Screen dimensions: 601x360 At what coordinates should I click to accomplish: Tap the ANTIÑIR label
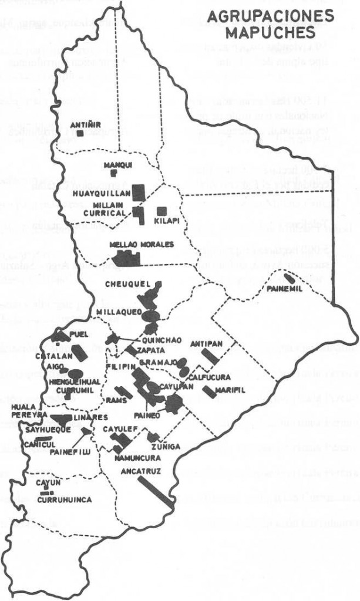80,124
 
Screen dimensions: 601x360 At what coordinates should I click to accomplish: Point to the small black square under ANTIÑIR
79,133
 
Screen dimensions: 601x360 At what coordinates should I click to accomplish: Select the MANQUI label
114,165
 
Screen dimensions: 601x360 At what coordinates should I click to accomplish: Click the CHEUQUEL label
123,284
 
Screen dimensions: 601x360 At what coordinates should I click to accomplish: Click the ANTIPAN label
205,343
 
